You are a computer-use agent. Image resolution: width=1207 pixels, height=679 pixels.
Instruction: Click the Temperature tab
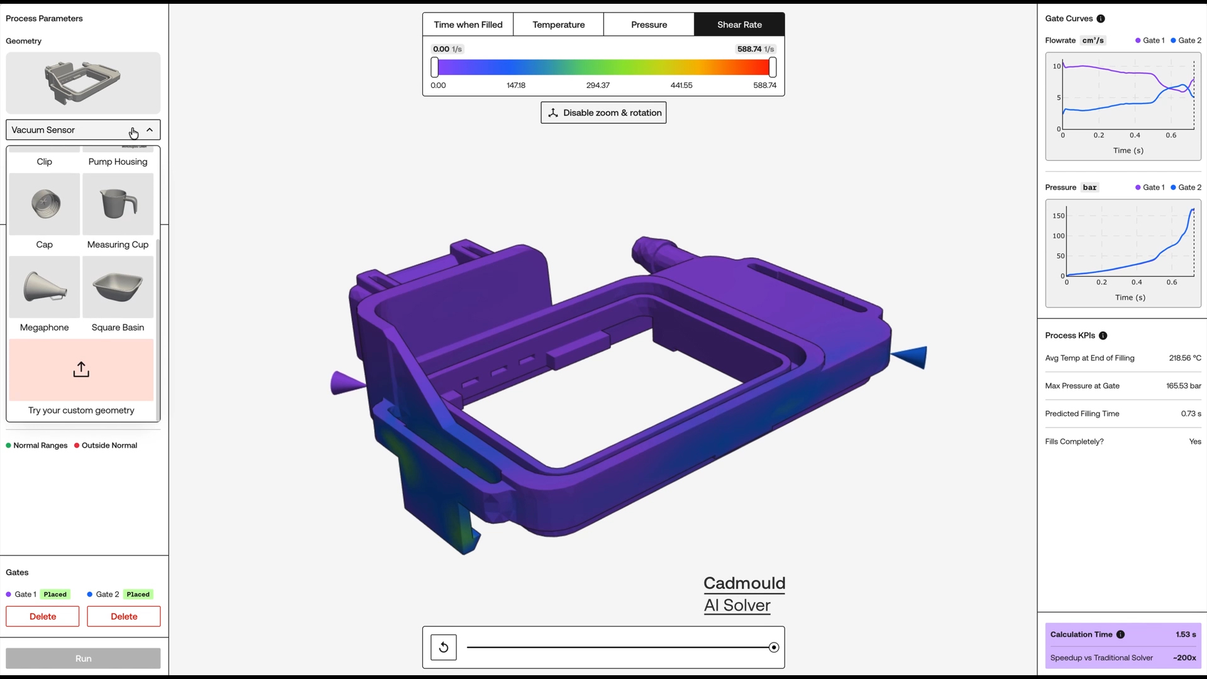tap(558, 25)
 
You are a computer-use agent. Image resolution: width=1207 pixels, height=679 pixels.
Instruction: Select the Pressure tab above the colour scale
tap(649, 25)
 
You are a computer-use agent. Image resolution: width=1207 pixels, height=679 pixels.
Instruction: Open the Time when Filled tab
tap(468, 25)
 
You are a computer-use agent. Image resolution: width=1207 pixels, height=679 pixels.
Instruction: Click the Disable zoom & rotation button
tap(603, 113)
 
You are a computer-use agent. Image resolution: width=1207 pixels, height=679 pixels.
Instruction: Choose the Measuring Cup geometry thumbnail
tap(118, 204)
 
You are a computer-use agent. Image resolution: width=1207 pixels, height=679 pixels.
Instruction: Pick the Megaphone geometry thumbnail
tap(45, 287)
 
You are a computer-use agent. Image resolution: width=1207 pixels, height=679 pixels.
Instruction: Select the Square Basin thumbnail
tap(118, 287)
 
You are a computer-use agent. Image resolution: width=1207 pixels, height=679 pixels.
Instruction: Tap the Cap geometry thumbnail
tap(45, 204)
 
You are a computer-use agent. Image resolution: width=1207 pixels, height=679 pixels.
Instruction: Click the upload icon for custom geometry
tap(81, 370)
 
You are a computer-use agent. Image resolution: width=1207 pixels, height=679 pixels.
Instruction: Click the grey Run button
tap(83, 658)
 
